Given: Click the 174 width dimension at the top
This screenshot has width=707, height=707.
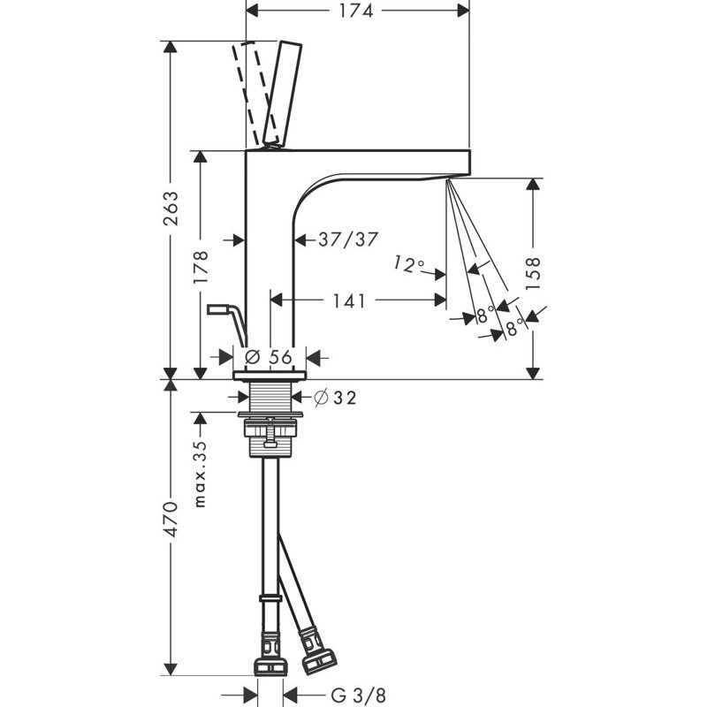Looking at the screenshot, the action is point(356,11).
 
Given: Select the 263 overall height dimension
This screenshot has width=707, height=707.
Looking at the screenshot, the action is point(171,208).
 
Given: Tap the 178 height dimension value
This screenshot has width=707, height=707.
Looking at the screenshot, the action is point(201,267).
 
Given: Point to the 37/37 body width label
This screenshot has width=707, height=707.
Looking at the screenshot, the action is point(347,239).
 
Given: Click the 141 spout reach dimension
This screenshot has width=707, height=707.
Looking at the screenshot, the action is point(348,300).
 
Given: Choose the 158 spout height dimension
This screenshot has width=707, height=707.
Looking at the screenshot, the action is point(533,274).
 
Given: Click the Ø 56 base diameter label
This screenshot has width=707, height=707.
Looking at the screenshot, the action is point(269,357).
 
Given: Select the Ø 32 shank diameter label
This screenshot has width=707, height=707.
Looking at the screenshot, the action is point(335,397).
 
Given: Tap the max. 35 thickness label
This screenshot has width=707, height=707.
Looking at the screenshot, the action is point(200,474).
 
